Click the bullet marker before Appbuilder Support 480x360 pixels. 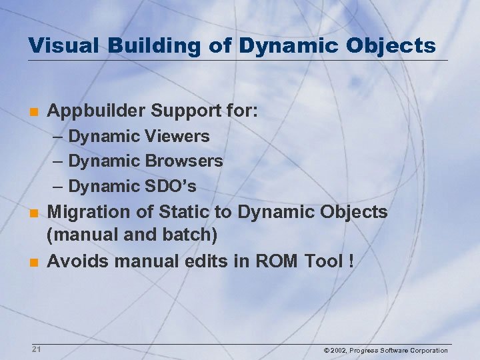[x=32, y=111]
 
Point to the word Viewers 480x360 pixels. [x=177, y=137]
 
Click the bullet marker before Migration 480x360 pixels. [x=32, y=213]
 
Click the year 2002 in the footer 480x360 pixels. [x=338, y=351]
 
